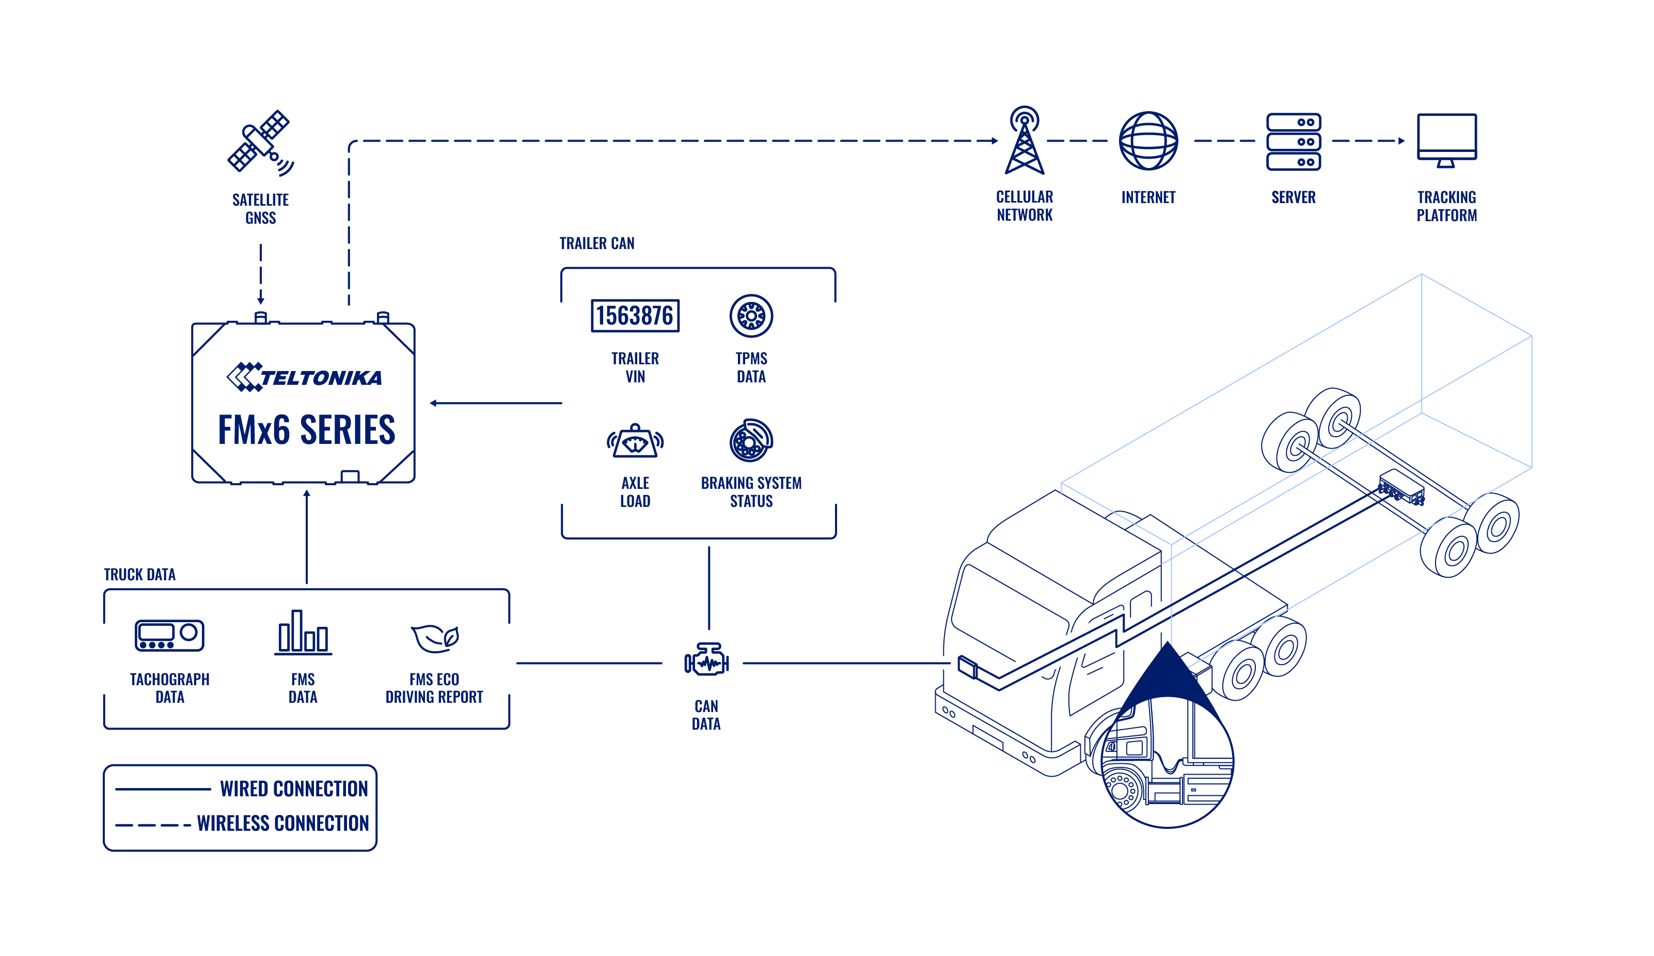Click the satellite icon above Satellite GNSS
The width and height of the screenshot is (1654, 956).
coord(260,143)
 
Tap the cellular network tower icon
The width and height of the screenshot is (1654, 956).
coord(1023,140)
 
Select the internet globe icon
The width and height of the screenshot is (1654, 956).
coord(1147,141)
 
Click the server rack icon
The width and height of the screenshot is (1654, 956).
coord(1293,141)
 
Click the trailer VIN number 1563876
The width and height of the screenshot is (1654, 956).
coord(635,316)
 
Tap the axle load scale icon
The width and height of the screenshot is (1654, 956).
coord(635,441)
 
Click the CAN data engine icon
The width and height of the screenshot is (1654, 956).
coord(706,662)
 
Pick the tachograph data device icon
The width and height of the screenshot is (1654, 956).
coord(169,635)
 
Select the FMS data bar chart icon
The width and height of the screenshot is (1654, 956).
coord(303,633)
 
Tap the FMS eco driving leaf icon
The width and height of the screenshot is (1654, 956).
coord(434,638)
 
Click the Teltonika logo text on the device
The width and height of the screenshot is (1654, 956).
coord(304,377)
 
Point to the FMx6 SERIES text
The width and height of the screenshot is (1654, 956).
coord(306,430)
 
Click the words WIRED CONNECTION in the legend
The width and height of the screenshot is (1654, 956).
coord(294,789)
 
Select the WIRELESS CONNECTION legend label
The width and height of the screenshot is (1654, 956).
coord(283,823)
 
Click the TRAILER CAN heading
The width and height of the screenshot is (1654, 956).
coord(596,243)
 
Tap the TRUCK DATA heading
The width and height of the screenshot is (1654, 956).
coord(140,575)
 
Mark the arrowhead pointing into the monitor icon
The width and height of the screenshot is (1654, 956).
coord(1401,141)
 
